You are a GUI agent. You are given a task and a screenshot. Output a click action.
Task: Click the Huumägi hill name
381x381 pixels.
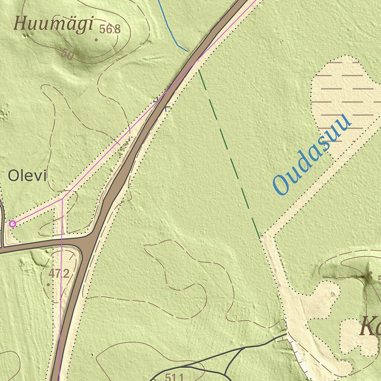(x=53, y=25)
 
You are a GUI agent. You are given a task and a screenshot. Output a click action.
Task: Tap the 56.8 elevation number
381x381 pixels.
(x=110, y=29)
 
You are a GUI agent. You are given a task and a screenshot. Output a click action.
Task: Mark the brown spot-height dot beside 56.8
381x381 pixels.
(x=96, y=39)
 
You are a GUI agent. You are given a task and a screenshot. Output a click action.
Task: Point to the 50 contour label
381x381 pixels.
(x=67, y=55)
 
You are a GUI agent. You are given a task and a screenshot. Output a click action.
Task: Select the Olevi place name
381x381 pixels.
(x=28, y=176)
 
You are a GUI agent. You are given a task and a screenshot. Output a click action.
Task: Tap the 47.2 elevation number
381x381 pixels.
(x=59, y=274)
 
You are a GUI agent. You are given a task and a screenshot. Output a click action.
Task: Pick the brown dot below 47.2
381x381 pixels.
(x=48, y=285)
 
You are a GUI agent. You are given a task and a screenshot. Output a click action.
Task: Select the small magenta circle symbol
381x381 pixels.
(x=12, y=224)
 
